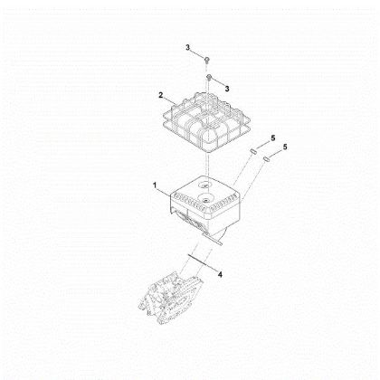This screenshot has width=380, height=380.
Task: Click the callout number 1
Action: (x=155, y=185)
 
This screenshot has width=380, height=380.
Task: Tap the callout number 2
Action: (x=161, y=95)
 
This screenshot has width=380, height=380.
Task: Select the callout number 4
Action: (x=220, y=274)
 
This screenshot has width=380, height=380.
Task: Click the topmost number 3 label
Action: (x=187, y=47)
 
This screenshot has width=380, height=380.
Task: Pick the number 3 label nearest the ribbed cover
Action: (x=227, y=89)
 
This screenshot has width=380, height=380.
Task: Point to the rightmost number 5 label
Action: (x=285, y=147)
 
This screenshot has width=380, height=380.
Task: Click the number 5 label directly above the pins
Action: (x=273, y=138)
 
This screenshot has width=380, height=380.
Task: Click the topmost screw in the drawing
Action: (x=207, y=59)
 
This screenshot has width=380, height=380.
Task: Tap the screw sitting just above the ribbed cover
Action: (x=209, y=77)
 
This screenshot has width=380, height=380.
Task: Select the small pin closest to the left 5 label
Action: (x=252, y=150)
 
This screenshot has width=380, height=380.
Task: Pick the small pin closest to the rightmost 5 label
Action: (x=266, y=158)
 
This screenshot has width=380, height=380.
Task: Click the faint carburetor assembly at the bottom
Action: (x=171, y=298)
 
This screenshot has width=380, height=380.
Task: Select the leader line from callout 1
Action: (x=165, y=193)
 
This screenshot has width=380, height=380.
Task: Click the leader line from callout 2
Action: (x=170, y=101)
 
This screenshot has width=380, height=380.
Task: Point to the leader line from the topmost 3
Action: (x=198, y=53)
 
